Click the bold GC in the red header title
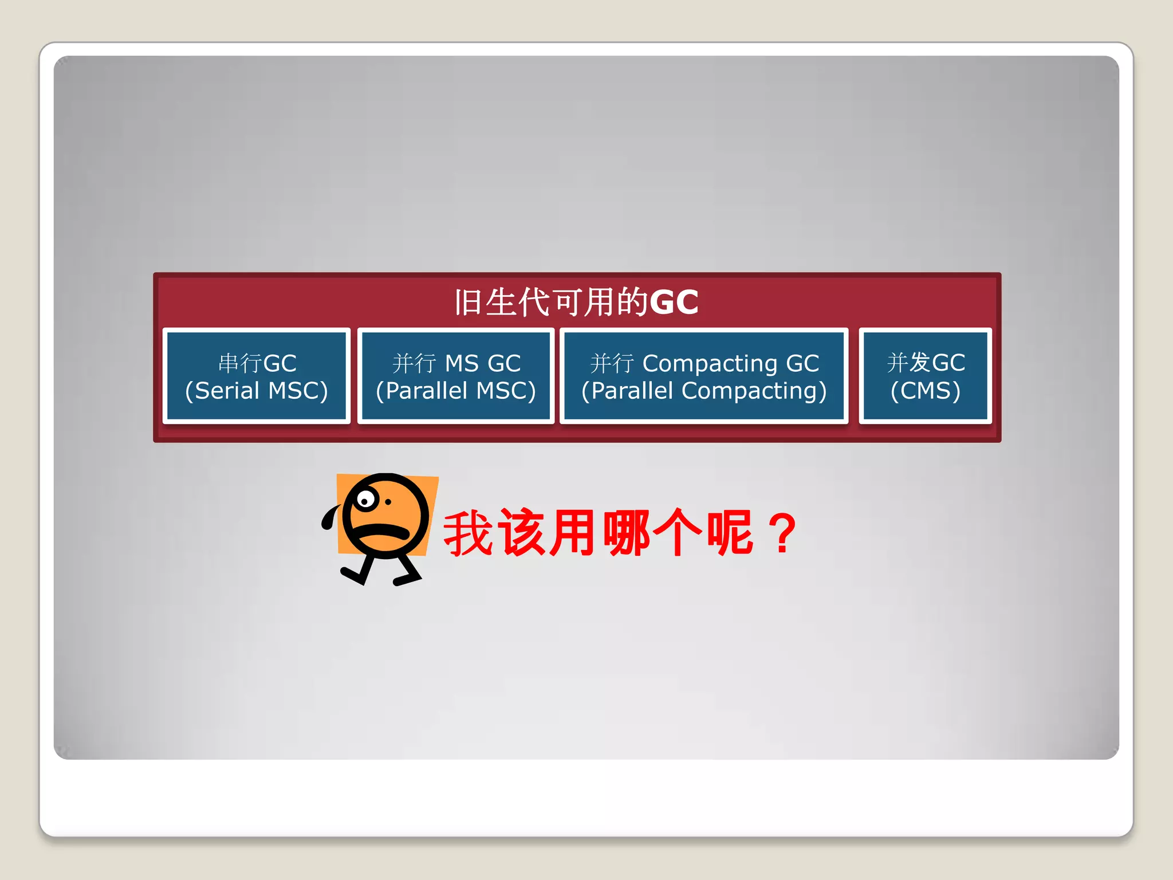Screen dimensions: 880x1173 [x=674, y=302]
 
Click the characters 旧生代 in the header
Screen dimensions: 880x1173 [x=502, y=302]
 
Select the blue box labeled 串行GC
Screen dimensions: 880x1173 [x=257, y=376]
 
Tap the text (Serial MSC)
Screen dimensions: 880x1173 [x=257, y=391]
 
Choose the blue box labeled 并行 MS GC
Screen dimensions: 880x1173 [x=456, y=376]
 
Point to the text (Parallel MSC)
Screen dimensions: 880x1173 [x=456, y=391]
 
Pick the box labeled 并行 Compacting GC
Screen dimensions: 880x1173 [x=704, y=376]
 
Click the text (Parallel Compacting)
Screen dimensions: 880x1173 [x=704, y=391]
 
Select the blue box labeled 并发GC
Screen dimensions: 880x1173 [x=926, y=376]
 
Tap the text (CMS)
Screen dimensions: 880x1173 [x=926, y=391]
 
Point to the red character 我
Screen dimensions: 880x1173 [x=469, y=533]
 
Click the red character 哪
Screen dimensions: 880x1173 [x=627, y=533]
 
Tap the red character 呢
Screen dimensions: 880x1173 [x=730, y=533]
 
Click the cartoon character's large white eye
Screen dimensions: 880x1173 [x=365, y=500]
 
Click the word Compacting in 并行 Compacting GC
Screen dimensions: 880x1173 [x=710, y=363]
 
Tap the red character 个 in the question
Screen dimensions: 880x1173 [x=678, y=533]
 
